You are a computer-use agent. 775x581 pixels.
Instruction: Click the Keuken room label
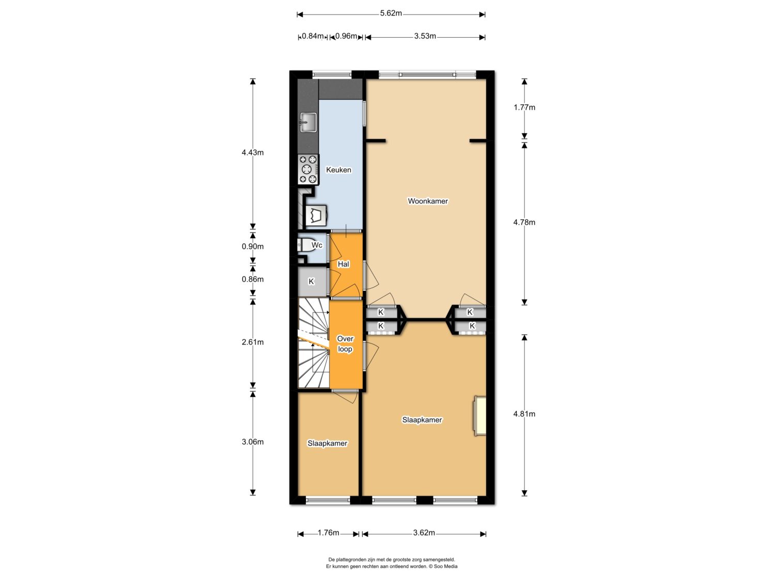[x=338, y=170]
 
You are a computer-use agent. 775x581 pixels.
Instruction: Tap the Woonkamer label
[x=428, y=201]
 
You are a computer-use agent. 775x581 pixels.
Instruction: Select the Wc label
[x=317, y=245]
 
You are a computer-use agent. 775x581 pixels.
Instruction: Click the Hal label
[x=344, y=264]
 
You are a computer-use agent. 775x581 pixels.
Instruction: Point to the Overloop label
[x=345, y=344]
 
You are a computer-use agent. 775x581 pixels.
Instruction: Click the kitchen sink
[x=308, y=122]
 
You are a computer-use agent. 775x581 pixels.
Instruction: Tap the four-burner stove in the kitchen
[x=308, y=169]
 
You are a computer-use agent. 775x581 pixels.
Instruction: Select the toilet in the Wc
[x=308, y=245]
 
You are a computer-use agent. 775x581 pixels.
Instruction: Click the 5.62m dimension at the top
[x=391, y=13]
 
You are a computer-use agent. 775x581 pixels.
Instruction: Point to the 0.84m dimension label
[x=313, y=36]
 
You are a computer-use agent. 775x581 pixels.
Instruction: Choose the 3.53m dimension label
[x=425, y=36]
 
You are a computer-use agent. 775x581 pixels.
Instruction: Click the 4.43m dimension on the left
[x=253, y=153]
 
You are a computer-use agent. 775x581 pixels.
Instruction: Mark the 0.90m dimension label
[x=253, y=247]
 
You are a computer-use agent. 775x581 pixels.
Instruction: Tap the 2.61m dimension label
[x=253, y=342]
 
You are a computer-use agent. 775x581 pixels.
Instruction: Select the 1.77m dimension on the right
[x=524, y=108]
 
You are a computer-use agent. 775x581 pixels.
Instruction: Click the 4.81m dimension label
[x=524, y=414]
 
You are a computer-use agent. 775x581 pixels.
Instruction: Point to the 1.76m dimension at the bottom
[x=328, y=533]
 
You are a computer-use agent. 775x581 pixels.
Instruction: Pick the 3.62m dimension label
[x=424, y=533]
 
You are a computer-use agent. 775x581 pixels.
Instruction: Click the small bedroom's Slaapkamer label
[x=328, y=444]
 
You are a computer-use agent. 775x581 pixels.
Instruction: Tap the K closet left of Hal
[x=312, y=282]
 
